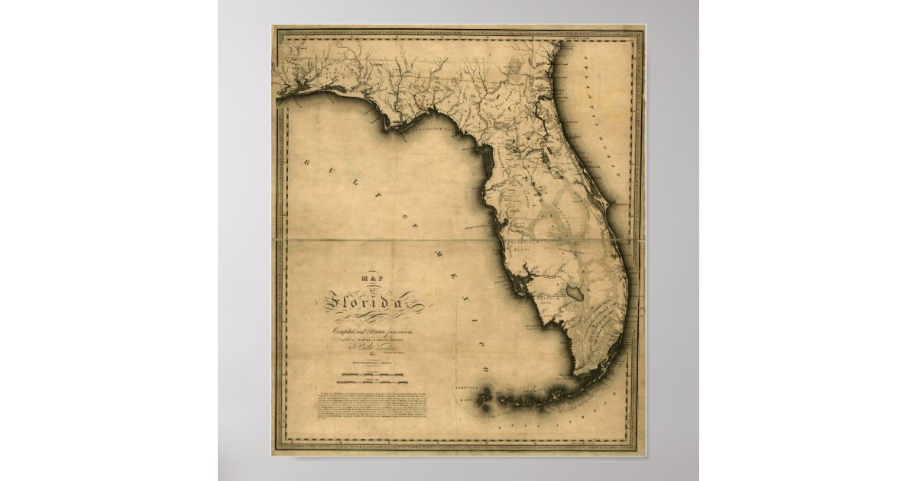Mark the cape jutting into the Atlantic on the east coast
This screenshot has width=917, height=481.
pos(607,206)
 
